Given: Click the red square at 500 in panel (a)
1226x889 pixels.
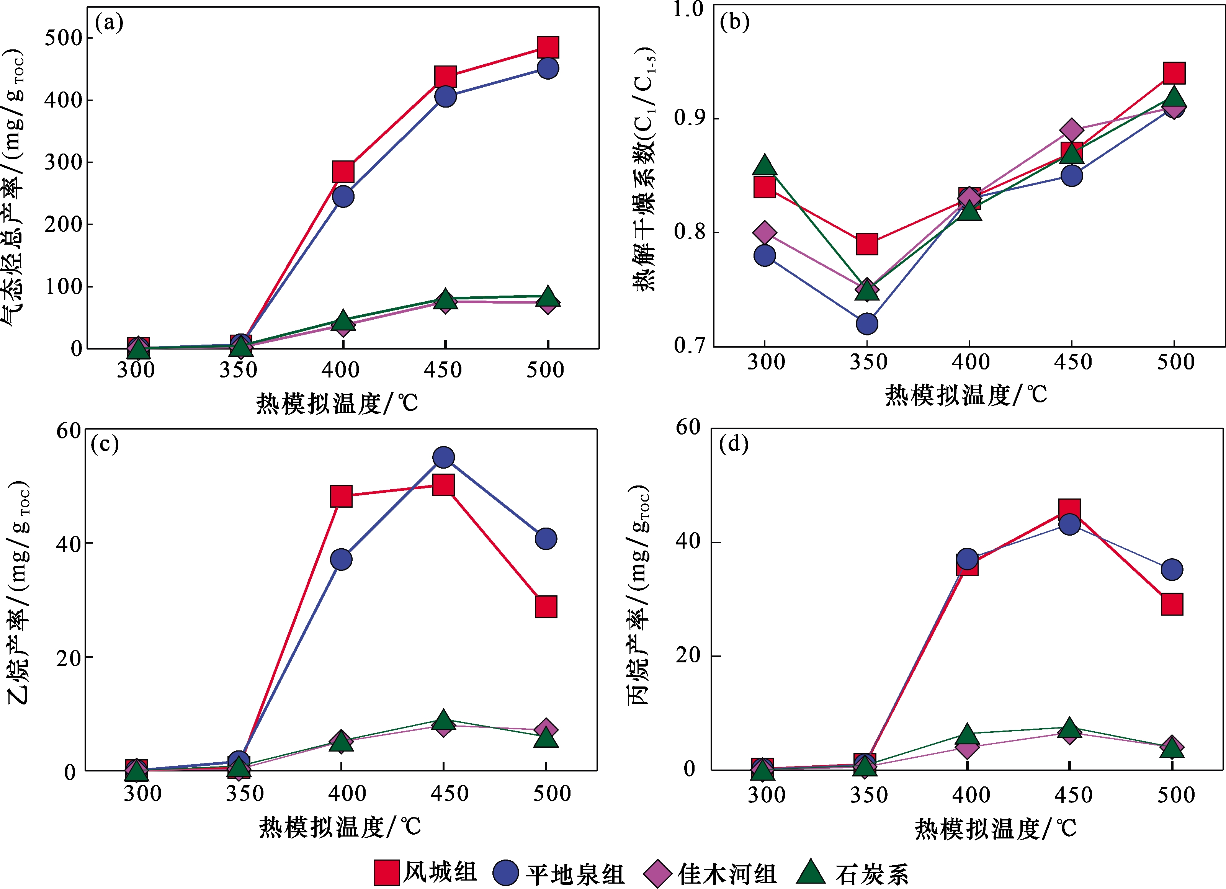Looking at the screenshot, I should click(548, 47).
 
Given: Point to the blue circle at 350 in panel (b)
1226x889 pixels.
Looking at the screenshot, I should click(866, 324).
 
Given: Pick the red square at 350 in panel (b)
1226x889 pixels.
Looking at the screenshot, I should click(866, 244).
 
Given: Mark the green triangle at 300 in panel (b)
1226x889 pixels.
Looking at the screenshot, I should click(764, 165).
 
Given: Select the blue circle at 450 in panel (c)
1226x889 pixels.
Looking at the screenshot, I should click(443, 457).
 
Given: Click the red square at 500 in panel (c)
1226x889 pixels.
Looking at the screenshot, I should click(546, 607).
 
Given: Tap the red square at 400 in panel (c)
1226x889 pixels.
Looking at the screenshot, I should click(341, 495).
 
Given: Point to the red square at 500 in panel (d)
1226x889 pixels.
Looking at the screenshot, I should click(1171, 604).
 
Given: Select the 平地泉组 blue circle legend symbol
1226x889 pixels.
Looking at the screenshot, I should click(506, 873).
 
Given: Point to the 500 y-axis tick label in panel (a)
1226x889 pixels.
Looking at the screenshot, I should click(63, 38).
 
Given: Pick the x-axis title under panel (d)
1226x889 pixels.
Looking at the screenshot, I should click(995, 828).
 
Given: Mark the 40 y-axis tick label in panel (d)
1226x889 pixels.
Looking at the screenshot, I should click(689, 541).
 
